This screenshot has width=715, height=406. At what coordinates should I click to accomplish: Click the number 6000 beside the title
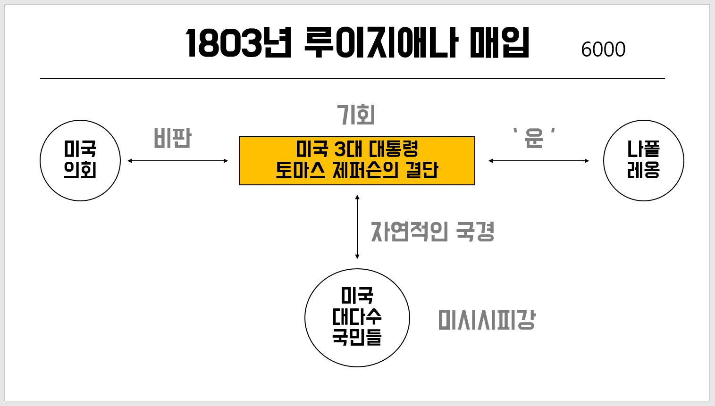tap(603, 50)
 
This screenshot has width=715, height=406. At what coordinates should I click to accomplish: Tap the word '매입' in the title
tap(499, 43)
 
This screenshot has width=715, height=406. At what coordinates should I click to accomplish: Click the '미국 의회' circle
tap(80, 160)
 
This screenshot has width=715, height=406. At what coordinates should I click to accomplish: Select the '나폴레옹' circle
tap(643, 160)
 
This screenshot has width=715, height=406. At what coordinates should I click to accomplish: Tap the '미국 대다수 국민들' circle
tap(357, 317)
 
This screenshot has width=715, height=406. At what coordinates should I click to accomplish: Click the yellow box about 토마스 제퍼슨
tap(357, 161)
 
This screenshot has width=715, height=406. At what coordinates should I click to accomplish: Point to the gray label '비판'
tap(172, 139)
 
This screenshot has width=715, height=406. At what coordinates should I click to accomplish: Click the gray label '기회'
tap(356, 115)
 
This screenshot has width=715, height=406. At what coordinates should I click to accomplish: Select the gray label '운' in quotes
tap(534, 138)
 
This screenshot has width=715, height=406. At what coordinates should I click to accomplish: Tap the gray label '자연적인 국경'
tap(432, 232)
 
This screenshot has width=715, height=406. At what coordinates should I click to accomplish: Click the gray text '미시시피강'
tap(487, 320)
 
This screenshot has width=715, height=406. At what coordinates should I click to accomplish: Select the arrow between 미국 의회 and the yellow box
tap(178, 161)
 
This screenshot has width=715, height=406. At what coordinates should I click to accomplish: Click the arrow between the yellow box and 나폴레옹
tap(538, 161)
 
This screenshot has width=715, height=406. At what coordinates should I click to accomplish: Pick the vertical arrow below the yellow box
tap(357, 227)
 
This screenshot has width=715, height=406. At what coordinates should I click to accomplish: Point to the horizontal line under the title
tap(352, 79)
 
